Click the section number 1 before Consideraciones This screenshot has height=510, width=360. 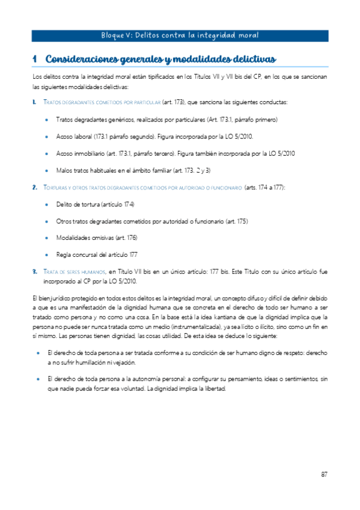[35, 59]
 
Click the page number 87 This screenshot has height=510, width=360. [323, 475]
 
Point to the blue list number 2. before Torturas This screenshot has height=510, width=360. [35, 188]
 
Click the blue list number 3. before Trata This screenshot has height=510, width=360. [35, 272]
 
